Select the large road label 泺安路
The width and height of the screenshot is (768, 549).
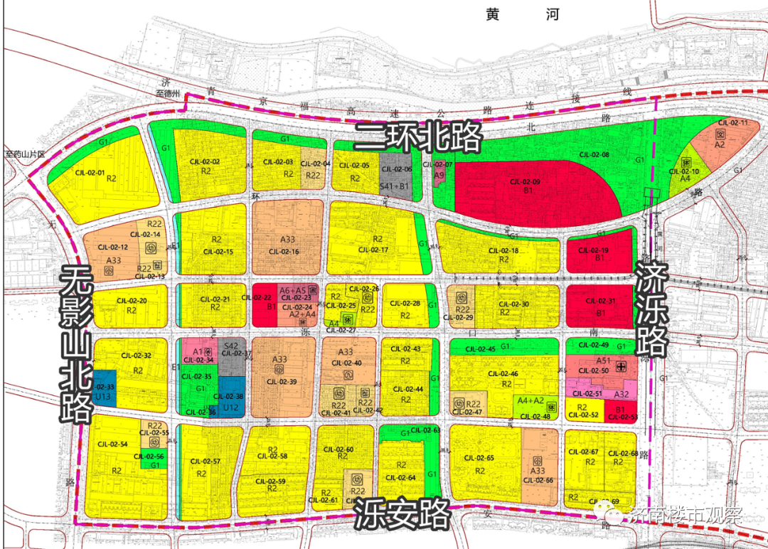click(x=402, y=512)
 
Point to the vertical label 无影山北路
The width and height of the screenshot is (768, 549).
click(x=77, y=344)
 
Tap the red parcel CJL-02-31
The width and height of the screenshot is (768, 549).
click(x=599, y=307)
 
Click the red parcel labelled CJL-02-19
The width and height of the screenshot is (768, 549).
click(x=599, y=253)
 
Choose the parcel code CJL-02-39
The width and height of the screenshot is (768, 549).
click(x=281, y=382)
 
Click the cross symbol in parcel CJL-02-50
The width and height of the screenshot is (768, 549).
click(x=622, y=366)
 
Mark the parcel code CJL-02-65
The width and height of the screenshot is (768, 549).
click(x=479, y=458)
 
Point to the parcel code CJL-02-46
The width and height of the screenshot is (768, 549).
click(x=503, y=374)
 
